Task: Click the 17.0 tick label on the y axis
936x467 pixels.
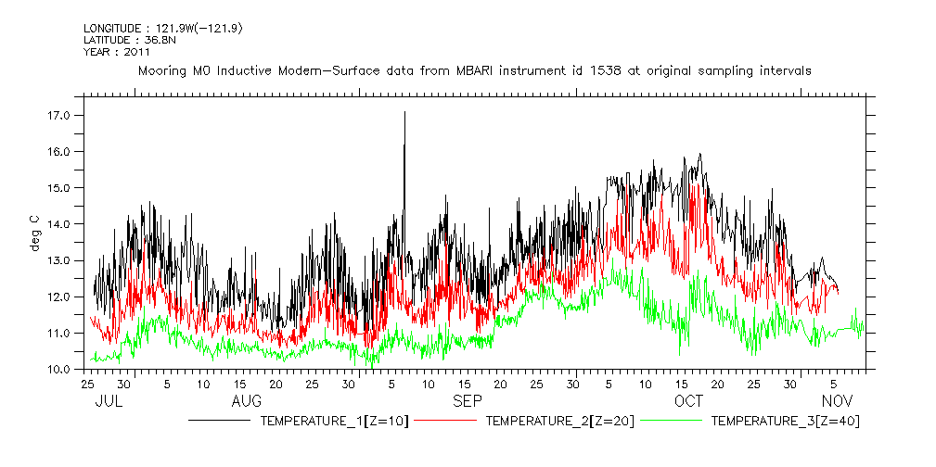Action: point(58,116)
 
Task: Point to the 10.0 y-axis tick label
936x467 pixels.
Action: point(58,370)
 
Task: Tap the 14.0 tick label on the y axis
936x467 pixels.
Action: point(58,224)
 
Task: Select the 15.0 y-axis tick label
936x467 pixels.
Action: point(58,188)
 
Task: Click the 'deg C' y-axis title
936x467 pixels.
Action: point(34,233)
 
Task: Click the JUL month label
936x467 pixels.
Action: point(109,400)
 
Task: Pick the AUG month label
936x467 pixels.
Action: point(246,400)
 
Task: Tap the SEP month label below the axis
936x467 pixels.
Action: point(467,400)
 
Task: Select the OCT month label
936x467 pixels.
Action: point(688,400)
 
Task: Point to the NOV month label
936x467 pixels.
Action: point(838,400)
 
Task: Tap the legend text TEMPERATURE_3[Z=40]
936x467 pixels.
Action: point(787,421)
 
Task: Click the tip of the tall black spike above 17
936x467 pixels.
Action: point(404,112)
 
